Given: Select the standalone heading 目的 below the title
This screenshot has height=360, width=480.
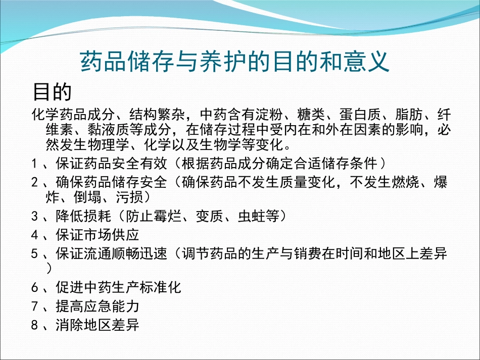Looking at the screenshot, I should click(x=52, y=92).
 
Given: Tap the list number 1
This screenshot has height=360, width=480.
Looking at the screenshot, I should click(x=34, y=164).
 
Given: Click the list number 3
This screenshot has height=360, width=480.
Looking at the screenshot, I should click(x=34, y=217).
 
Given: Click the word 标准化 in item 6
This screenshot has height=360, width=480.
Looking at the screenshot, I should click(x=160, y=288).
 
